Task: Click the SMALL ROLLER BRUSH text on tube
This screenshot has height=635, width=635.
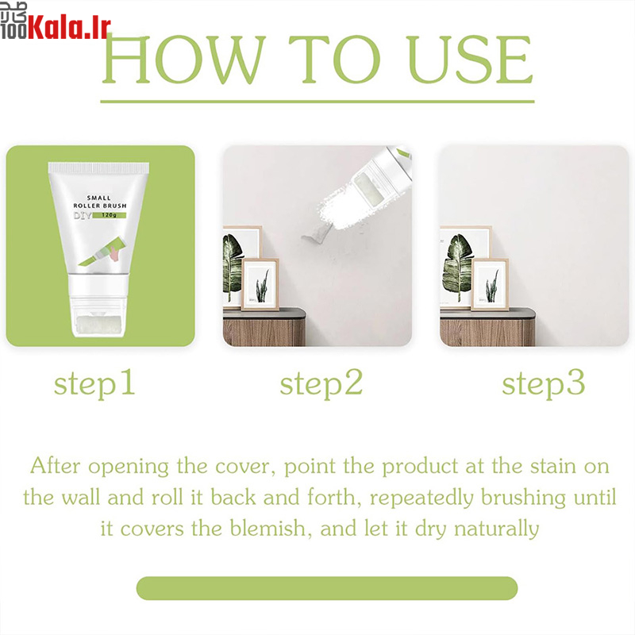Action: (100, 202)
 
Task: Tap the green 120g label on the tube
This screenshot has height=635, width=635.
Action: (110, 215)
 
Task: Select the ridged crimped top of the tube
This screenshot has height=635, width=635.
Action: (98, 167)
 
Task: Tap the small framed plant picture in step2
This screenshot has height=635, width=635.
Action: (260, 284)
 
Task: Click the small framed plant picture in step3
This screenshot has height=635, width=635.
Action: (490, 284)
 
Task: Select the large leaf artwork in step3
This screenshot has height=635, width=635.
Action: (458, 267)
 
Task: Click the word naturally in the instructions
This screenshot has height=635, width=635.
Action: (497, 529)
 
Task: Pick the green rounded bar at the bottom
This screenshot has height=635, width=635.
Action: (327, 588)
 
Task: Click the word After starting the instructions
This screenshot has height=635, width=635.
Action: (55, 466)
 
